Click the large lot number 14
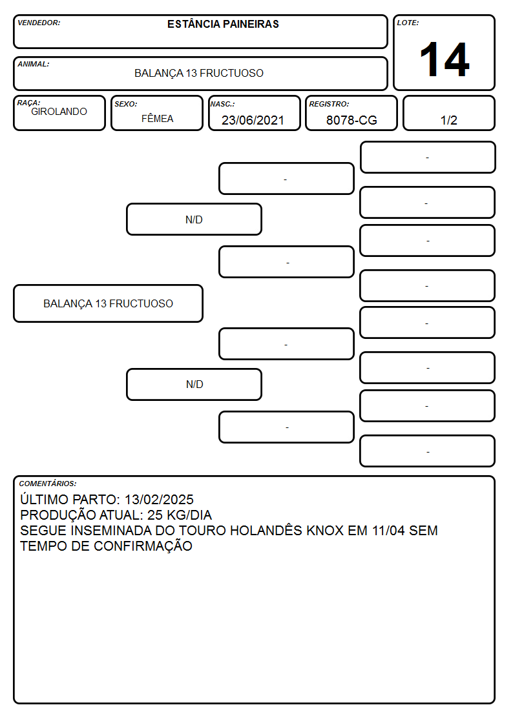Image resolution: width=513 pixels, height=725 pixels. click(445, 59)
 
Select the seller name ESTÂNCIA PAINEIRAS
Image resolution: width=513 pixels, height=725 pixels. click(223, 24)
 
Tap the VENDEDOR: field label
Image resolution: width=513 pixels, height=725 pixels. click(39, 23)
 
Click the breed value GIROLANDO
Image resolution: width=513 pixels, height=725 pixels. click(59, 112)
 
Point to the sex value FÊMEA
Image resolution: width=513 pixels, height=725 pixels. click(157, 119)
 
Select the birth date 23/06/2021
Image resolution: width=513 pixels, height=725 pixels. click(253, 120)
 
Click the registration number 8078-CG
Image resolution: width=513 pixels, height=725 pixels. click(351, 120)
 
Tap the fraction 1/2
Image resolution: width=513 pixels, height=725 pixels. click(448, 120)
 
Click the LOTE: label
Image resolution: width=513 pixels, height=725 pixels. click(408, 23)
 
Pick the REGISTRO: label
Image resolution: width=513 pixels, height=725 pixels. click(329, 104)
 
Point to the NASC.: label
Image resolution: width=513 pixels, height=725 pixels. click(222, 104)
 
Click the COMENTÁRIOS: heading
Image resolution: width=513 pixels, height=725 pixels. click(48, 484)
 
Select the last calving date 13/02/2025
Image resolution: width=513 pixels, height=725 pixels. click(159, 499)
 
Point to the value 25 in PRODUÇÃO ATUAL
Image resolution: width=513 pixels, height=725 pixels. click(154, 515)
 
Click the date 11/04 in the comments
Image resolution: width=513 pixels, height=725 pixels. click(388, 530)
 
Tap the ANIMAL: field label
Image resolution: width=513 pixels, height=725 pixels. click(34, 65)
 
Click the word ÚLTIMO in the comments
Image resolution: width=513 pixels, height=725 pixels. click(45, 499)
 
